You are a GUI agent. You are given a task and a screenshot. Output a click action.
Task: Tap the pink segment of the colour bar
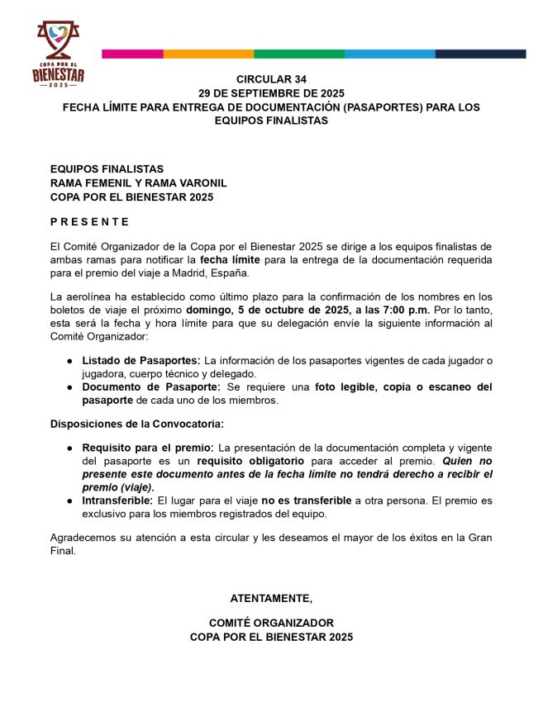pos(132,54)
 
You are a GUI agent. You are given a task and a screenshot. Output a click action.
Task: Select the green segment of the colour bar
pos(299,54)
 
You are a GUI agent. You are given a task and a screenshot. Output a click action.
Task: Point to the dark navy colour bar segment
pos(480,54)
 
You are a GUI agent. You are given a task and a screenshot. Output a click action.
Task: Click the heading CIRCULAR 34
pos(271,79)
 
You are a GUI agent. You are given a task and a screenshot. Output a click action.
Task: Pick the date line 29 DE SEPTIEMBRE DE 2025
pos(271,93)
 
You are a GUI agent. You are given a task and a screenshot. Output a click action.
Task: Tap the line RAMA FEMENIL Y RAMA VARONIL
pos(138,183)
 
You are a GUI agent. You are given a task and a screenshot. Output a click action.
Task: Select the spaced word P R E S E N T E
pos(89,221)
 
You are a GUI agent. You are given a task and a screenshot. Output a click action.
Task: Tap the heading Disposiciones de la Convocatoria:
pos(136,424)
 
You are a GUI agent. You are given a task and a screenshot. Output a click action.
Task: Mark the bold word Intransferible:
pos(117,500)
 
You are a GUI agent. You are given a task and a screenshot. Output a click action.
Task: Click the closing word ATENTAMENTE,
pos(271,598)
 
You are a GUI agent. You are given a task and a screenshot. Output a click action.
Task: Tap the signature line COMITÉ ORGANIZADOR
pos(271,623)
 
